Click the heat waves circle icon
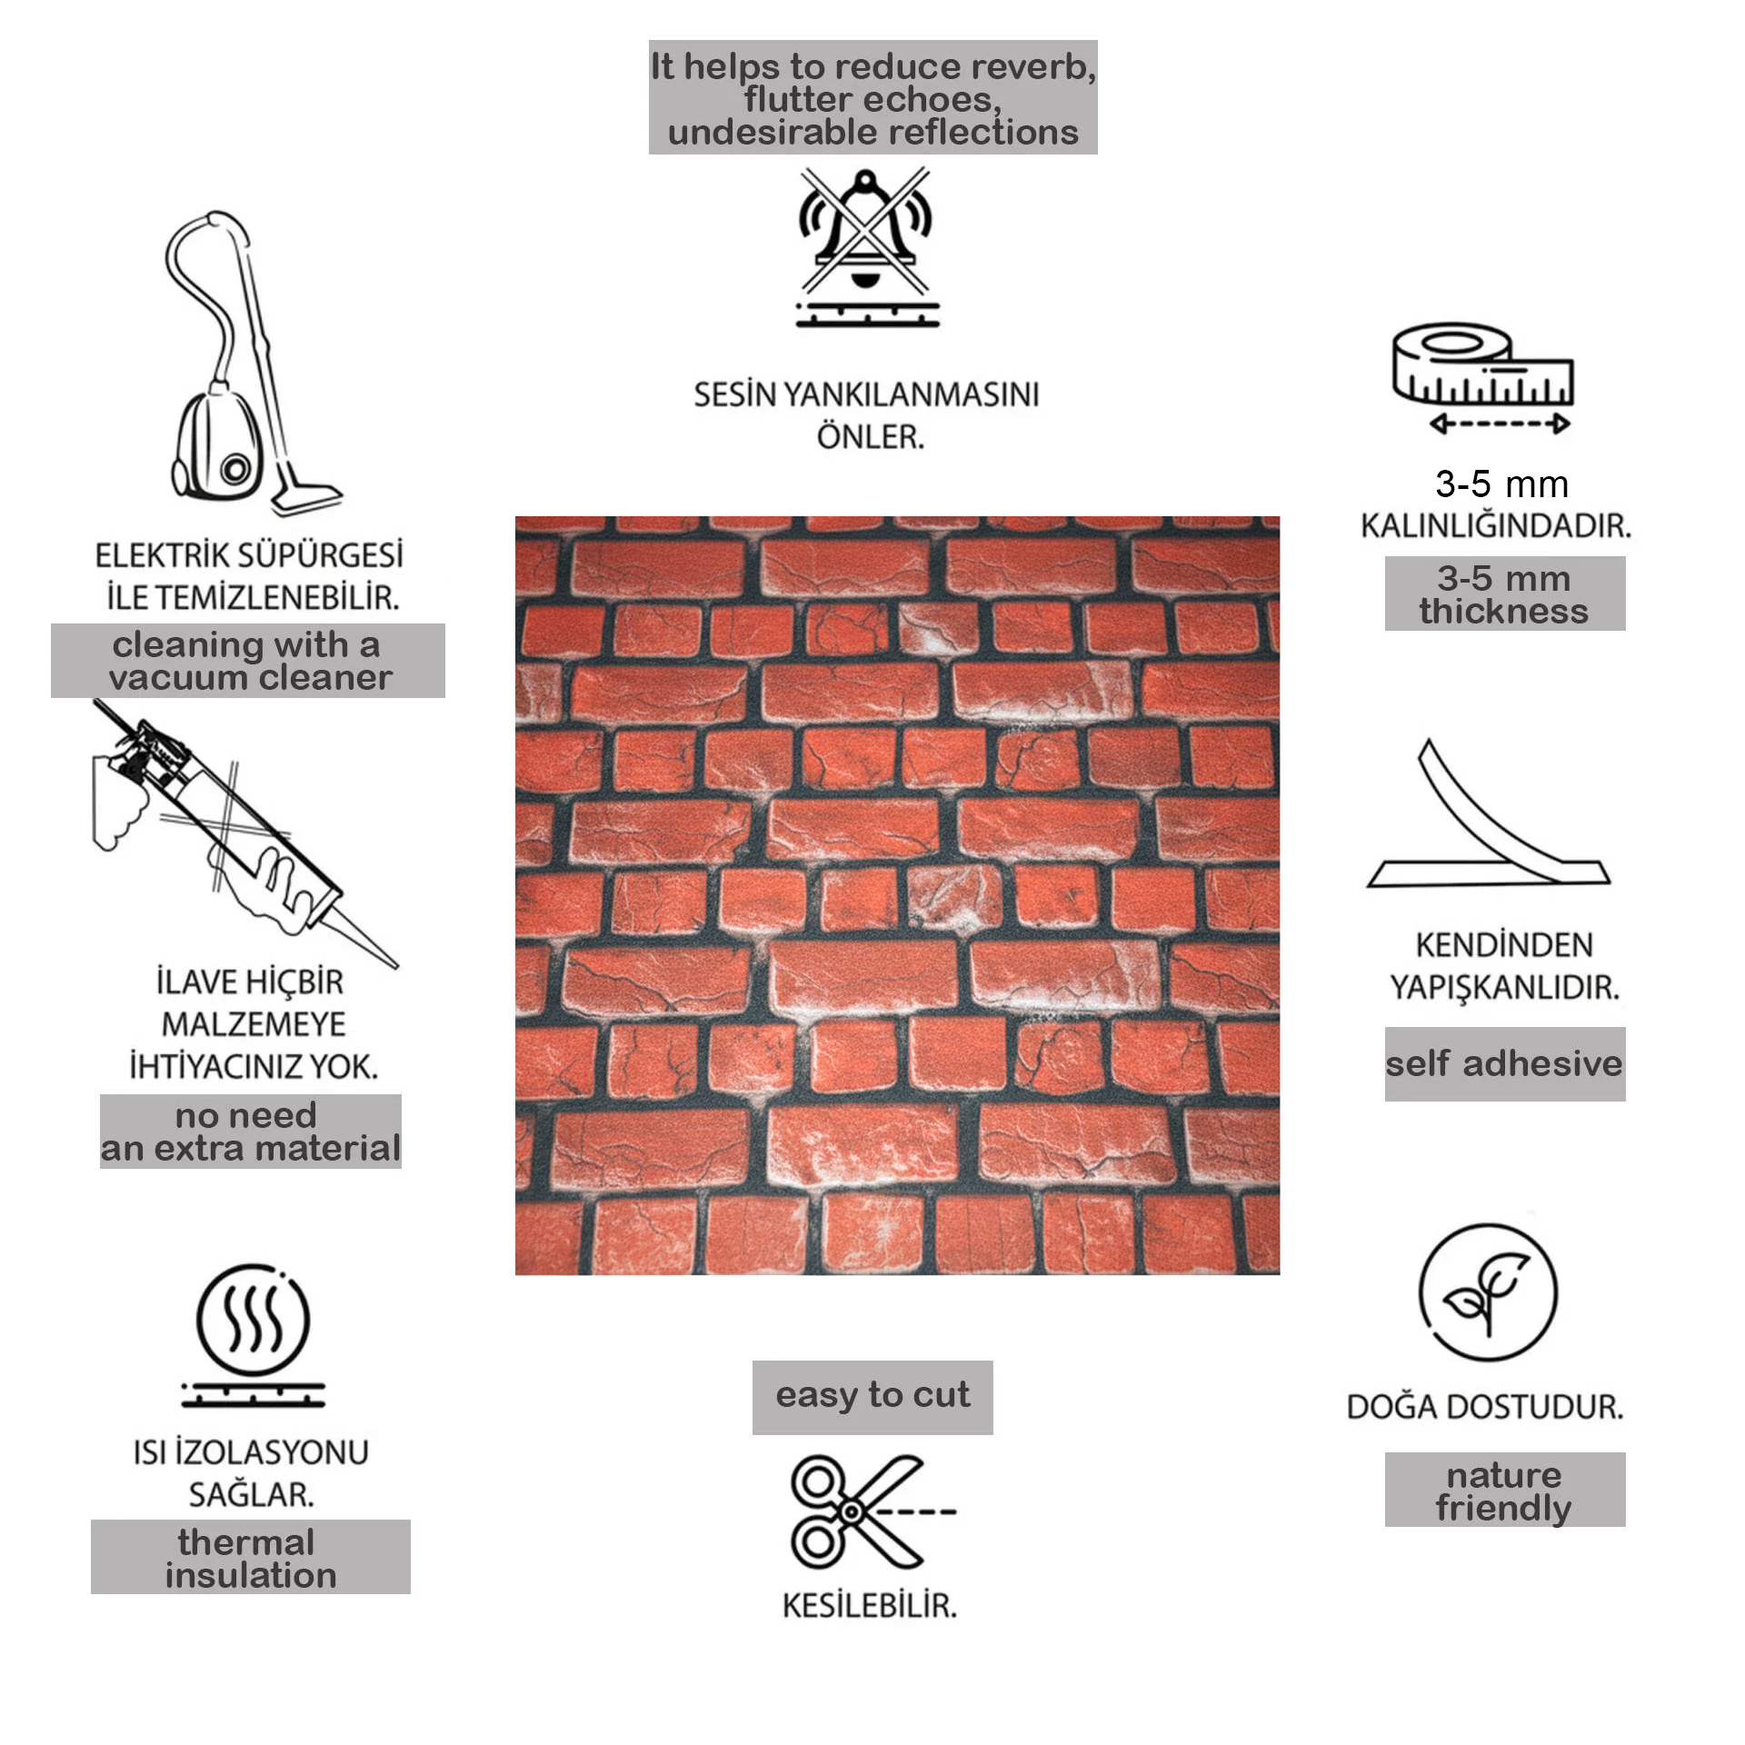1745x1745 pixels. pos(254,1334)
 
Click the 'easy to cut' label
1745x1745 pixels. pos(872,1397)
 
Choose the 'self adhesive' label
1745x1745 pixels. pos(1505,1064)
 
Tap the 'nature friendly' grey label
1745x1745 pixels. pos(1505,1490)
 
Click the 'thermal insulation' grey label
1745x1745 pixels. pos(251,1557)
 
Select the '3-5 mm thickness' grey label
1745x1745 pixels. pos(1505,593)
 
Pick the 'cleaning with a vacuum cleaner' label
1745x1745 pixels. pos(248,661)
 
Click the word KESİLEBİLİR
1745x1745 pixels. pos(870,1606)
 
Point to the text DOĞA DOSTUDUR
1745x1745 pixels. pos(1485,1407)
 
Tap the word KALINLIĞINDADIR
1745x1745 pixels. pos(1496,525)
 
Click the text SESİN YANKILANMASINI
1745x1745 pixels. pos(866,394)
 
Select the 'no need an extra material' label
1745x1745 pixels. pos(251,1132)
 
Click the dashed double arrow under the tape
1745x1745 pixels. pos(1501,424)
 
